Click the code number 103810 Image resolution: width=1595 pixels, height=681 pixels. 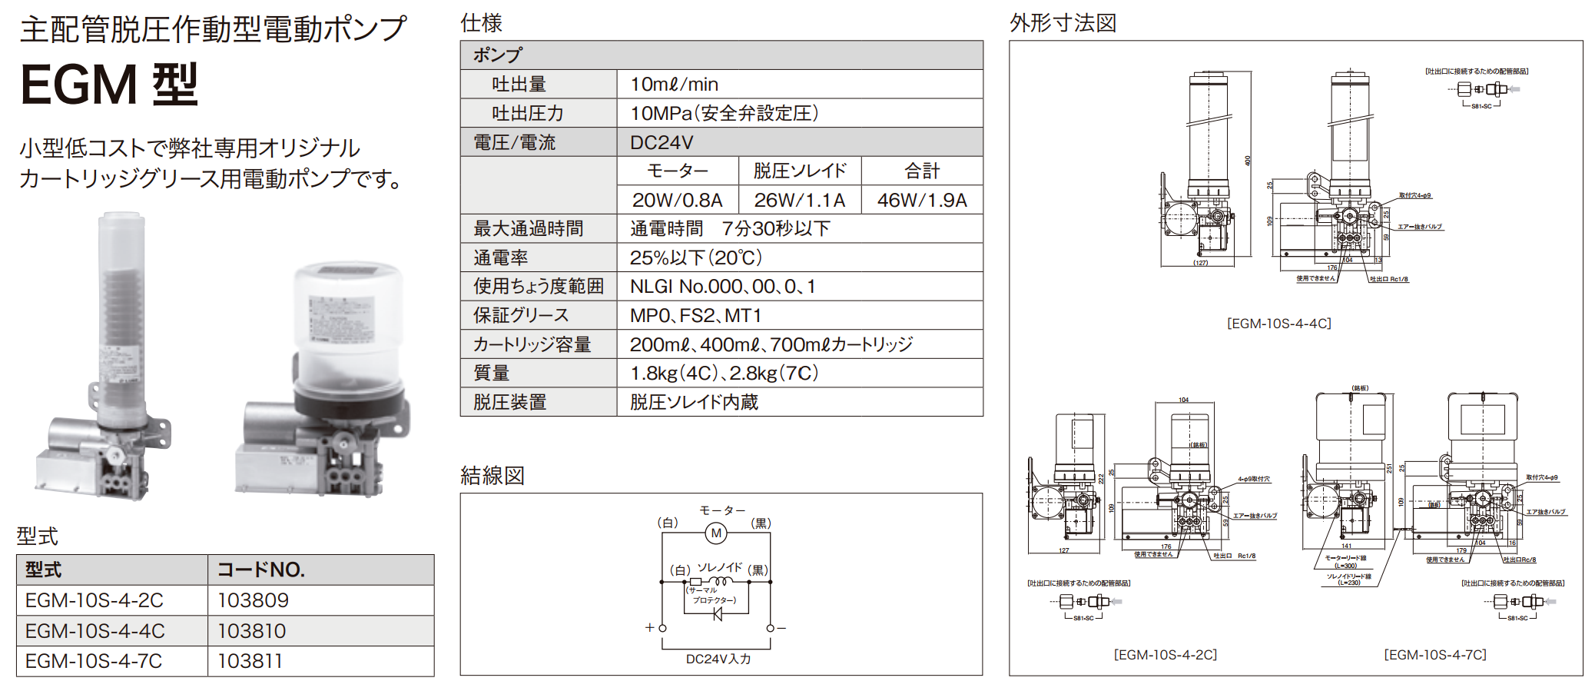point(251,631)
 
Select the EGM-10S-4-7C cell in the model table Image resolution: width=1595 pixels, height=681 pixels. point(94,661)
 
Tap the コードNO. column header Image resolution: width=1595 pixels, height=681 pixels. point(261,570)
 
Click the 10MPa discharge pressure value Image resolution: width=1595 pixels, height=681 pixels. point(724,113)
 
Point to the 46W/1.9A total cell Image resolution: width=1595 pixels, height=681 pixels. point(922,200)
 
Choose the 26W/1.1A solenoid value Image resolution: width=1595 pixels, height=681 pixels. point(799,200)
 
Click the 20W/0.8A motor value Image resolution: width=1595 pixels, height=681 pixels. point(677,200)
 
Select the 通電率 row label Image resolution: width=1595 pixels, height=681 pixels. point(501,257)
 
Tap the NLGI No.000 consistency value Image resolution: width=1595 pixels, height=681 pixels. point(722,287)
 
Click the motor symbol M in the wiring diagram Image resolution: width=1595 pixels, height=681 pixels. point(716,533)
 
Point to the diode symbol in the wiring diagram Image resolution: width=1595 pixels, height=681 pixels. point(718,614)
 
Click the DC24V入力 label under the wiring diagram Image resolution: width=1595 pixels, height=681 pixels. point(718,659)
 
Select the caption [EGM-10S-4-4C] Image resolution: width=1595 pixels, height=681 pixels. point(1278,324)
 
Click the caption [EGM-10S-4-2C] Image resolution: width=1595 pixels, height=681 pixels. point(1165,655)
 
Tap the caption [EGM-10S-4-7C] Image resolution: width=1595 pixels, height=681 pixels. point(1434,655)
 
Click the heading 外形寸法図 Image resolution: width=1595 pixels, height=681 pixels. point(1063,23)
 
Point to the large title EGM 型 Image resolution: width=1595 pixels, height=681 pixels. point(109,84)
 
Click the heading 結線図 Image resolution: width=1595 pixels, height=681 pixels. point(492,476)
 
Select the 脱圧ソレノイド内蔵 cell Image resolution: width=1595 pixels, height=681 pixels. point(694,402)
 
